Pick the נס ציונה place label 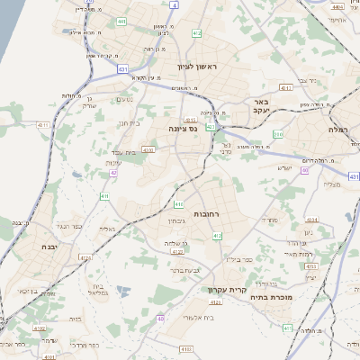point(182,129)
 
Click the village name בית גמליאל point(100,288)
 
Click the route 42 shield point(114,172)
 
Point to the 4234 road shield point(311,219)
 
